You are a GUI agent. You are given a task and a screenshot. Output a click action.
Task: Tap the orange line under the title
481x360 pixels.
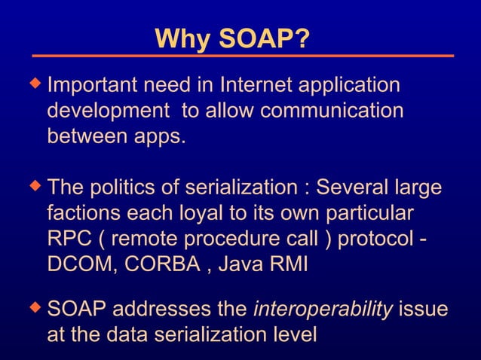pyautogui.click(x=242, y=56)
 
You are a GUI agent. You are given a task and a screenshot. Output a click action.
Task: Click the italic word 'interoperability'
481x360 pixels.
pyautogui.click(x=323, y=310)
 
